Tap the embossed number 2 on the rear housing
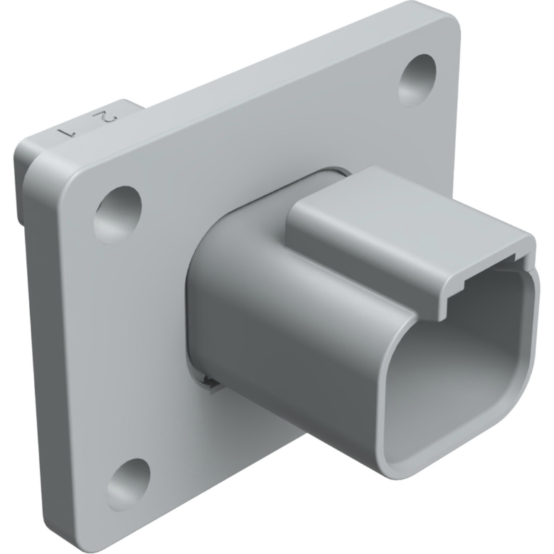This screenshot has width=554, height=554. click(x=105, y=115)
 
